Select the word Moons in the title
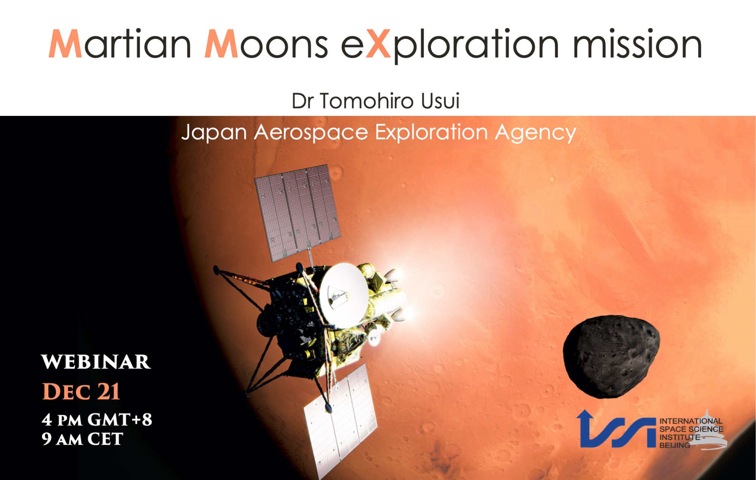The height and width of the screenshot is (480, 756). tap(266, 44)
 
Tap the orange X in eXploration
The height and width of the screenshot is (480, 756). tap(378, 44)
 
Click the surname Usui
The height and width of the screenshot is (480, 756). tap(440, 101)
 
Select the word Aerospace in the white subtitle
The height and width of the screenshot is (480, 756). tap(311, 133)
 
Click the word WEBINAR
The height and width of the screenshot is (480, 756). tap(96, 362)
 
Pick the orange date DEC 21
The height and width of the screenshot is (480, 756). tap(81, 391)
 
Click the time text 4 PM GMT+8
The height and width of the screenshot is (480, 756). tap(97, 420)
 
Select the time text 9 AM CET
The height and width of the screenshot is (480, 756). tap(82, 439)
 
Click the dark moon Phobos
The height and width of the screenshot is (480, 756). tap(611, 356)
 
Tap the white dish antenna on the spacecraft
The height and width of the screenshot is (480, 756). tap(343, 295)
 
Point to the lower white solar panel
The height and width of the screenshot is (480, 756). tap(340, 421)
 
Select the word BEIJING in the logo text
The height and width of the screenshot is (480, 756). tap(675, 445)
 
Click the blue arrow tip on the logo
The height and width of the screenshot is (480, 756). tap(584, 411)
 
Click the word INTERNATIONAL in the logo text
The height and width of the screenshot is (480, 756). tap(691, 421)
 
